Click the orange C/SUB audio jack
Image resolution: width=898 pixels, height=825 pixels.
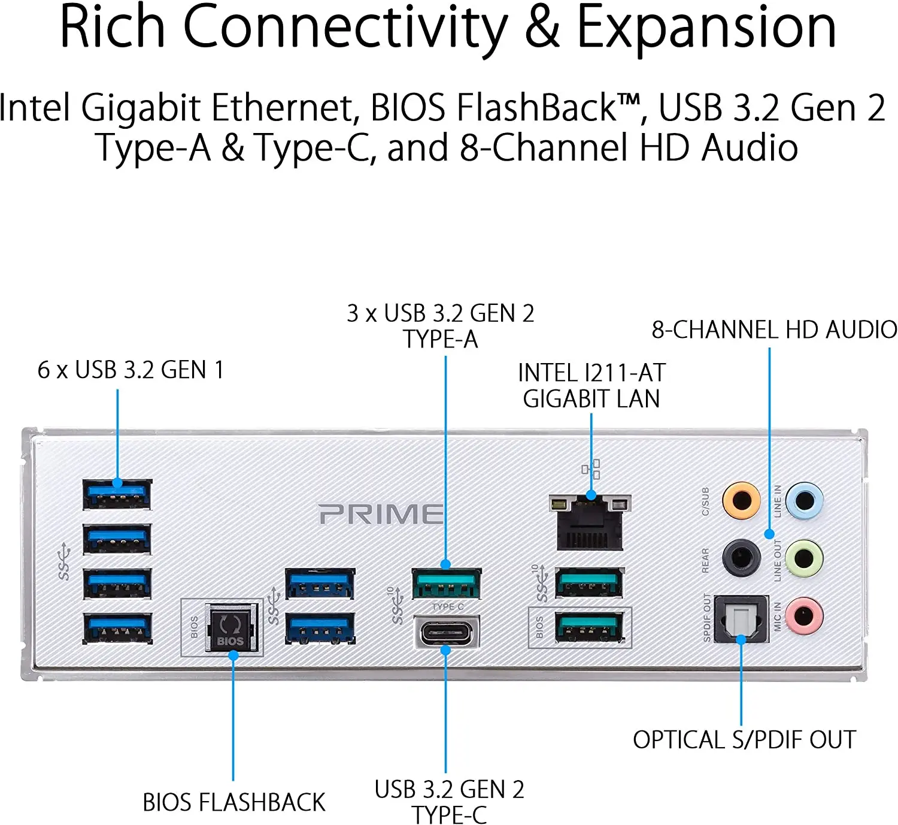pos(741,500)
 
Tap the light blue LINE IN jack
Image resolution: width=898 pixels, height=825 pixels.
pos(804,500)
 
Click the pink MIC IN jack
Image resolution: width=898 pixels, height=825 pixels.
pos(804,615)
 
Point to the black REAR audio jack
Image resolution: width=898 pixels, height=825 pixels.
pos(741,558)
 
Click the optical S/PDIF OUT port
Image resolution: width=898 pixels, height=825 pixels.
pos(741,619)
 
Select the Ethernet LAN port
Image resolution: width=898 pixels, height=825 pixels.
pos(590,522)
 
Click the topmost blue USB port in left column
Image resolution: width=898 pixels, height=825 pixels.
pos(117,494)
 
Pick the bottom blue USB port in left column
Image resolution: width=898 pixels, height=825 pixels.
pos(117,628)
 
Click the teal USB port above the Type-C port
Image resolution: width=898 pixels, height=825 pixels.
pos(446,584)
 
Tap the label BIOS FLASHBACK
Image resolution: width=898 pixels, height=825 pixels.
pos(233,802)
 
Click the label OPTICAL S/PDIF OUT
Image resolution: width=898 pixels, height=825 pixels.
pos(744,740)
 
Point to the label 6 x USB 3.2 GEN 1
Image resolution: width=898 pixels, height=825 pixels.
pos(131,370)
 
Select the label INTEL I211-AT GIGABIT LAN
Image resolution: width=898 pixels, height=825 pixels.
pos(591,386)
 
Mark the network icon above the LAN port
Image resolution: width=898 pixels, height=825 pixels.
pos(591,469)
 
